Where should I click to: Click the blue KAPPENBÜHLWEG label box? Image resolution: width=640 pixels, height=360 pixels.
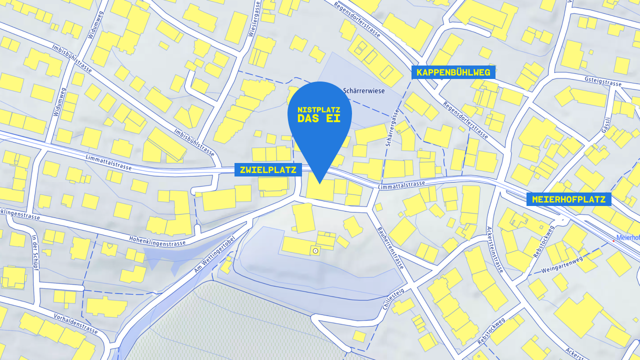point(453,72)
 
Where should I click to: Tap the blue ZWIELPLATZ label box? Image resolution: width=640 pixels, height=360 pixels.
point(268,170)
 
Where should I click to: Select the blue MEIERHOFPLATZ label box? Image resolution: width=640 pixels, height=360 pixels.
point(568,199)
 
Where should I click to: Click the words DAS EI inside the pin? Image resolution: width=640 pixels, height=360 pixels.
point(318,118)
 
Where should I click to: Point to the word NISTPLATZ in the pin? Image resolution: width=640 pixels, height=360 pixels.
point(318,109)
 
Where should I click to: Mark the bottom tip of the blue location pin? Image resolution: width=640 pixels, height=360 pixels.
point(319,183)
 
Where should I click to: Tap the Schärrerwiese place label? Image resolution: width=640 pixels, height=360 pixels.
point(364,91)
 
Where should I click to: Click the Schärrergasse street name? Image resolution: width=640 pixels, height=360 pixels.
point(391,127)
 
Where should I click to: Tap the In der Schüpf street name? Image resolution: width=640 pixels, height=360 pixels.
point(34,251)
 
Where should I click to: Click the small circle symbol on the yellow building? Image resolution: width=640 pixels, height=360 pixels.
point(315,250)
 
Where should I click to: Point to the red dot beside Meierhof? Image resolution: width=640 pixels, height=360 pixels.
point(613,241)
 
